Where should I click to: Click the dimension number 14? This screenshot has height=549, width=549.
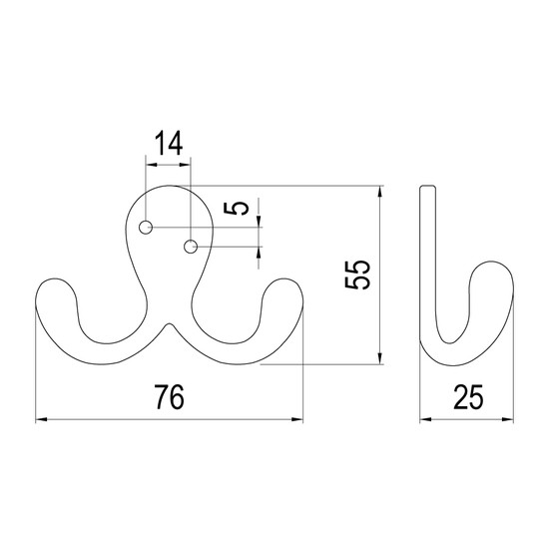click(169, 143)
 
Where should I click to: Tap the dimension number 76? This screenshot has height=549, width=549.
click(170, 397)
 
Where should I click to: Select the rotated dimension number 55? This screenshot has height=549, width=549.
click(357, 274)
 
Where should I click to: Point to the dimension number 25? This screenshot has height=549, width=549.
click(468, 397)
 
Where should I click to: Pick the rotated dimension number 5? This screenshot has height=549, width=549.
click(236, 209)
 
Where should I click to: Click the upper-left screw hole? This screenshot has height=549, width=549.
click(146, 228)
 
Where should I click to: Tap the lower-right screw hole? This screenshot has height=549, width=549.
click(191, 247)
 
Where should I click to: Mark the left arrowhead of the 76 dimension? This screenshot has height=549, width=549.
click(41, 419)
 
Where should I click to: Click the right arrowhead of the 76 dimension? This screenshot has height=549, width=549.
click(297, 419)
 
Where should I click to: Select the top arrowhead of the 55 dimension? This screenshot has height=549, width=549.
click(380, 192)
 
